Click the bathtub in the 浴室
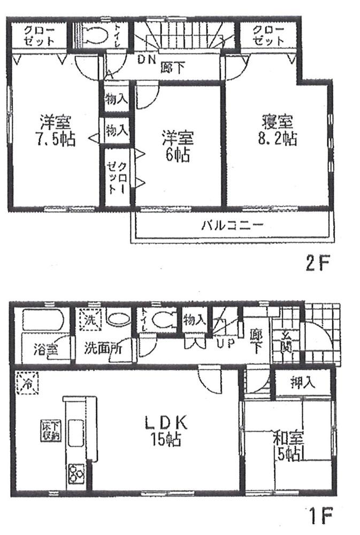coord(42,320)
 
